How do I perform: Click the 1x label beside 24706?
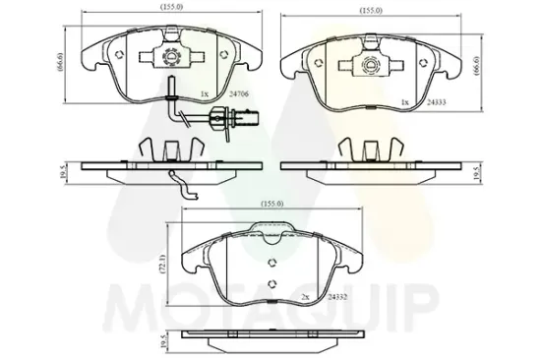click(x=204, y=93)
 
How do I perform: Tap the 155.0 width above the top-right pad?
click(x=370, y=12)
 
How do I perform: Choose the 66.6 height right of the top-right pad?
click(x=477, y=66)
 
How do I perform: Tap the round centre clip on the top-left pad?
click(x=172, y=56)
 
